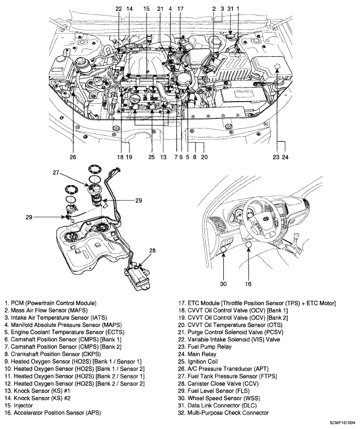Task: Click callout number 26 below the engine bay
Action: click(73, 158)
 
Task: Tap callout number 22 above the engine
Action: click(118, 9)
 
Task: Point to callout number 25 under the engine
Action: click(152, 158)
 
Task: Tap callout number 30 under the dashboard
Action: click(224, 284)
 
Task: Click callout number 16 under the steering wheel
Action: click(248, 284)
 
